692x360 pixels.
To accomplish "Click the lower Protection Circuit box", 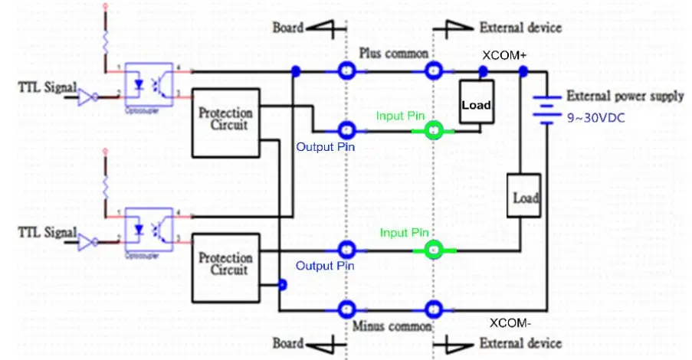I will point(225,263).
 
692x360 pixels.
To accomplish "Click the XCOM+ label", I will point(503,56).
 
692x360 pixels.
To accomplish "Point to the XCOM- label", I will point(509,322).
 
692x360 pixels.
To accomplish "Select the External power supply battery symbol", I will point(545,106).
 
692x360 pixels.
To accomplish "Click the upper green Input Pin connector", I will point(434,131).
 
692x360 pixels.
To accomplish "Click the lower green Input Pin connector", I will point(434,249).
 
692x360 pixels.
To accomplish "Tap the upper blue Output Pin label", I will point(326,146).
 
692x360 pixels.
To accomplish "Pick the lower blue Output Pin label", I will point(326,266).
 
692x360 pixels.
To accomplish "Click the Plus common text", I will point(394,54).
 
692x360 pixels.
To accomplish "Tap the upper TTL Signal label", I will point(47,88).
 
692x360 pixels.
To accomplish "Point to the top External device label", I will point(520,28).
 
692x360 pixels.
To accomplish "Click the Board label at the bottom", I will point(288,343).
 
